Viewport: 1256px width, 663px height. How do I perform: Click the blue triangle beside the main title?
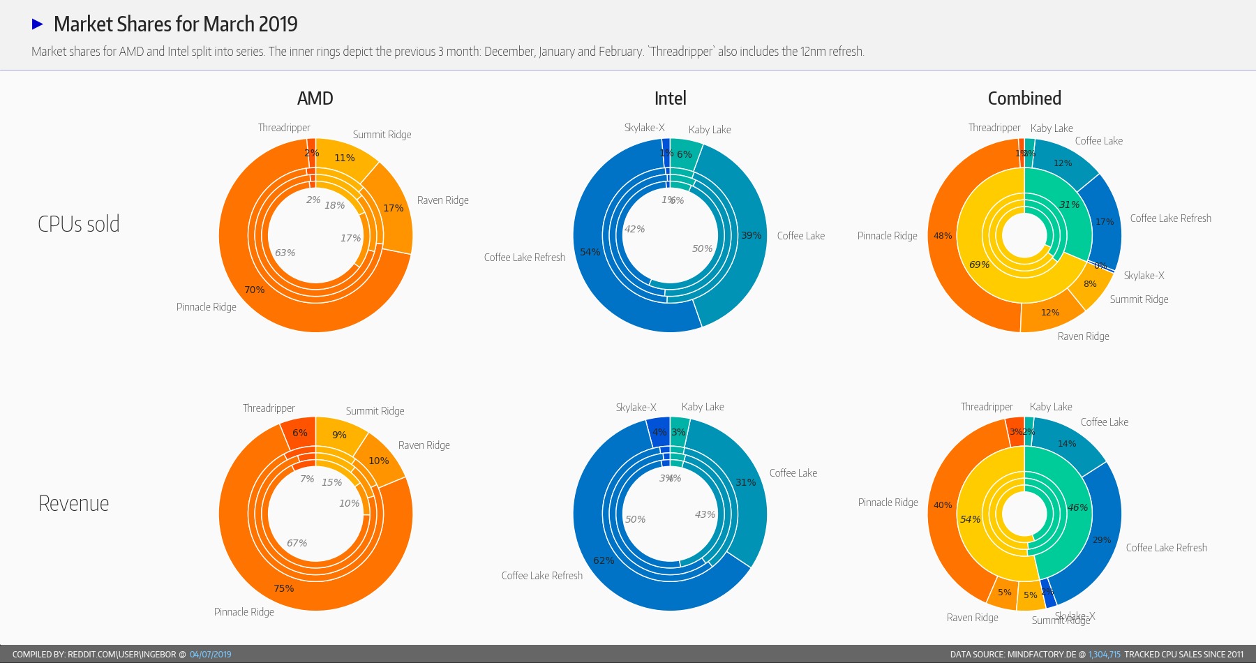click(38, 24)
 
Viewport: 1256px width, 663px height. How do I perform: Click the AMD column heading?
click(315, 98)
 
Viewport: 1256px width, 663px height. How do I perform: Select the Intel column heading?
click(670, 98)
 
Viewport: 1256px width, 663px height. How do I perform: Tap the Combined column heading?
click(1024, 98)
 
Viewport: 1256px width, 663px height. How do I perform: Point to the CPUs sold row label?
click(78, 224)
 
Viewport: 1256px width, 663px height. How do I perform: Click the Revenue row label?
click(73, 503)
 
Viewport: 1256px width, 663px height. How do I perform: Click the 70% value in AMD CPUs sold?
click(254, 290)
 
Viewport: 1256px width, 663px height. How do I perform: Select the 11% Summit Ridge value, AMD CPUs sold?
click(344, 158)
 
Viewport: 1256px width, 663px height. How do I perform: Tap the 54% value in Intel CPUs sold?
click(590, 252)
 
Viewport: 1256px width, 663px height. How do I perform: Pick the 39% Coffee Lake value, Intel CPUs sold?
click(751, 235)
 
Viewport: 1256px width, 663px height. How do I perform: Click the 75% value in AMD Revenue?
click(283, 588)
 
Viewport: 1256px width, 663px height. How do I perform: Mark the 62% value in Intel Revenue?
click(603, 560)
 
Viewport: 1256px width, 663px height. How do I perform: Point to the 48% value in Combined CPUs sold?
click(943, 236)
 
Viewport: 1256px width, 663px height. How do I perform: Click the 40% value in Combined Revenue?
click(943, 505)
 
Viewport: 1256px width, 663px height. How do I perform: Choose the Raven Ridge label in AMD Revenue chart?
click(424, 445)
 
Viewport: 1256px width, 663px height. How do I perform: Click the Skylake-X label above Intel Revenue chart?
click(636, 408)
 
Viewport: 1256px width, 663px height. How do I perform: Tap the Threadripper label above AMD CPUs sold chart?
click(284, 128)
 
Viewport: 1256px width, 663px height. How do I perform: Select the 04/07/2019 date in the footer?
click(210, 655)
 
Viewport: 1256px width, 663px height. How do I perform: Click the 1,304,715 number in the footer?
click(1104, 655)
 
